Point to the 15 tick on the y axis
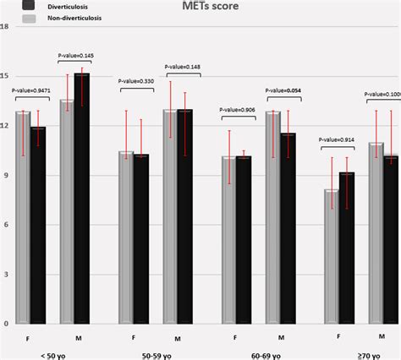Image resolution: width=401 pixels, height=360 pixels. coord(5,75)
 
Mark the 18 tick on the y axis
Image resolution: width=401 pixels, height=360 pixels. coord(5,26)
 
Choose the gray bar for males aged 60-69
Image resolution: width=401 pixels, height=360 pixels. coord(272,217)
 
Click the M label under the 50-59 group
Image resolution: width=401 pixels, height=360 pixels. coord(178,338)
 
